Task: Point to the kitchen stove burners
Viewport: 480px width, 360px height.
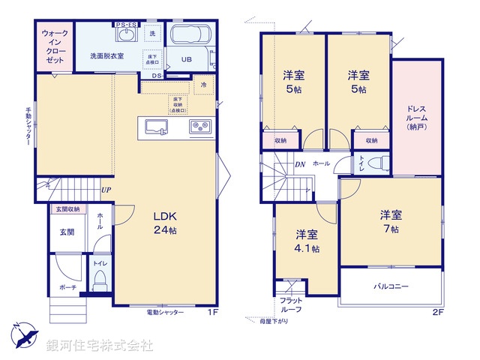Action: [x=199, y=126]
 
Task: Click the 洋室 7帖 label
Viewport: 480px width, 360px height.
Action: [x=390, y=220]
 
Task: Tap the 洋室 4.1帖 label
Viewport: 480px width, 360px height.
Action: [x=306, y=240]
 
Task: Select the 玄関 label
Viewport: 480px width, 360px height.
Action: [x=67, y=232]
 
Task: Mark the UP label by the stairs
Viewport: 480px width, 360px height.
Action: [x=106, y=190]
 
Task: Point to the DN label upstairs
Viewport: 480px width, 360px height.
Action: [x=299, y=163]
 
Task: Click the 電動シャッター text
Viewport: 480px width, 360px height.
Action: [x=165, y=311]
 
